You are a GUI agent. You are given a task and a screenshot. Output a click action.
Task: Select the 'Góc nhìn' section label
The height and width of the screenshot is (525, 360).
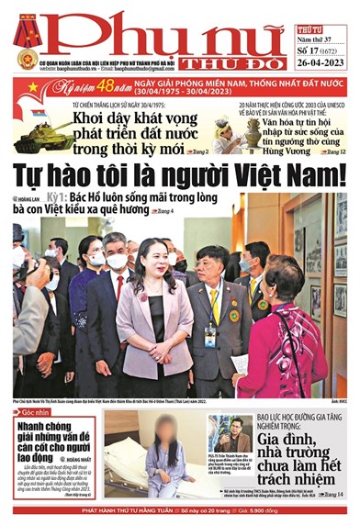30,414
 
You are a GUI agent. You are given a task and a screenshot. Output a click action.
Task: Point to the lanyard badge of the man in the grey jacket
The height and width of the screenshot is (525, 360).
211,331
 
